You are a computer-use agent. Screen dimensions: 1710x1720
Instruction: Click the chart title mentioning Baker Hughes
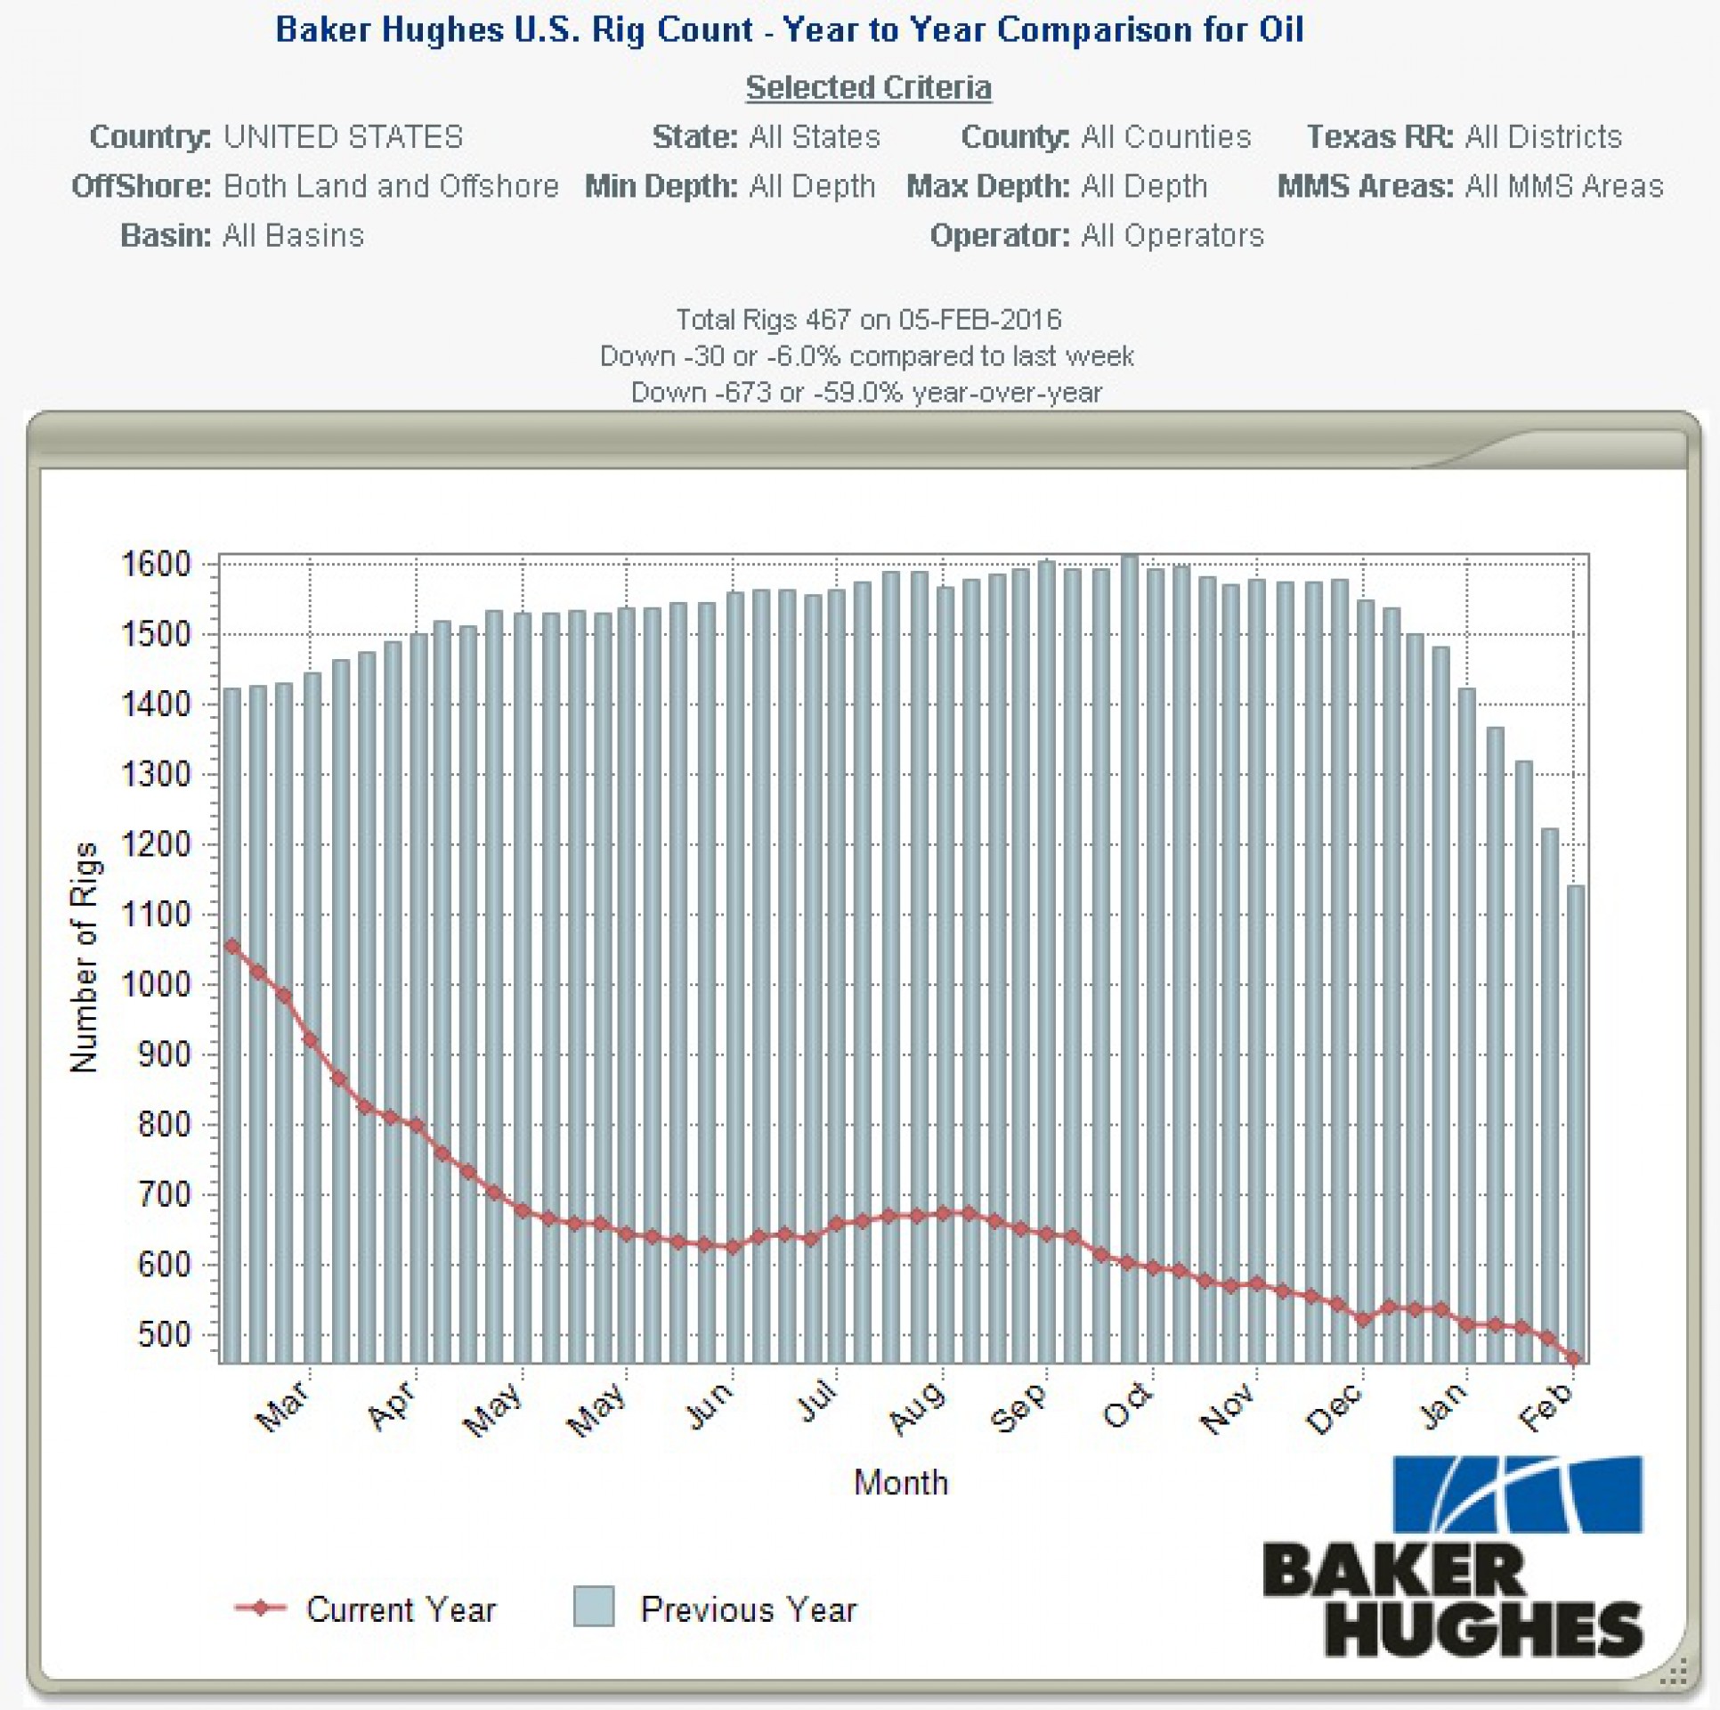tap(790, 30)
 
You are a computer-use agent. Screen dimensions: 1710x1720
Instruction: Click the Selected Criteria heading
tap(868, 87)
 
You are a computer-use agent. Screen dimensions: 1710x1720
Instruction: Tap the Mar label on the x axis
tap(282, 1406)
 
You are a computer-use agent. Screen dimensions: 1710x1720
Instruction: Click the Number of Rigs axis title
tap(84, 957)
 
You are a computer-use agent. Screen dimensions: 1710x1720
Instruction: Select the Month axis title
tap(901, 1482)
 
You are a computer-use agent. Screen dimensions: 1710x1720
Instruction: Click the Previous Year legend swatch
tap(594, 1607)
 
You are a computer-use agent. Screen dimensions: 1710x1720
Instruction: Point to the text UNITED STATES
tap(343, 137)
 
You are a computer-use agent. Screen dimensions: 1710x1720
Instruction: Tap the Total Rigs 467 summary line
tap(868, 319)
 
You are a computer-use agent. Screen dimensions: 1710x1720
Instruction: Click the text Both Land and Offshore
tap(391, 186)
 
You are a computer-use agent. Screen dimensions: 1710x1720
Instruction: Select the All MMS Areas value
tap(1564, 186)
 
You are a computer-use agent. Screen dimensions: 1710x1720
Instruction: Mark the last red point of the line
tap(1574, 1359)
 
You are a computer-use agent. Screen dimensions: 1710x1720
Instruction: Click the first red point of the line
tap(232, 947)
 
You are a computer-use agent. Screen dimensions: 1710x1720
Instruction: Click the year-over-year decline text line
tap(866, 392)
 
